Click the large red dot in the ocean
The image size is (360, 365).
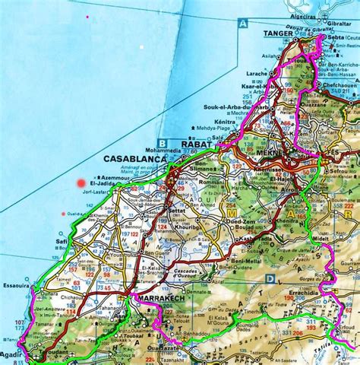click(81, 182)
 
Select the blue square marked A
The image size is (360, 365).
click(243, 24)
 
